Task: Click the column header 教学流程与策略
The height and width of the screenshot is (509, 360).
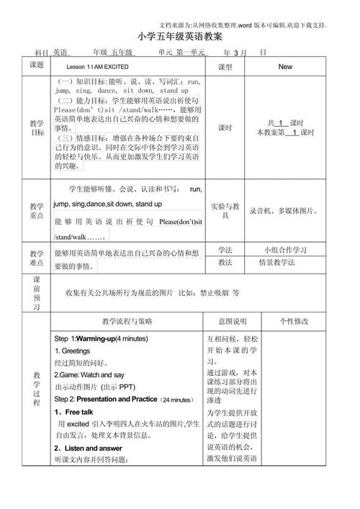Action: click(127, 322)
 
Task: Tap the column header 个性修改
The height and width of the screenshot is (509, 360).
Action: click(294, 322)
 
